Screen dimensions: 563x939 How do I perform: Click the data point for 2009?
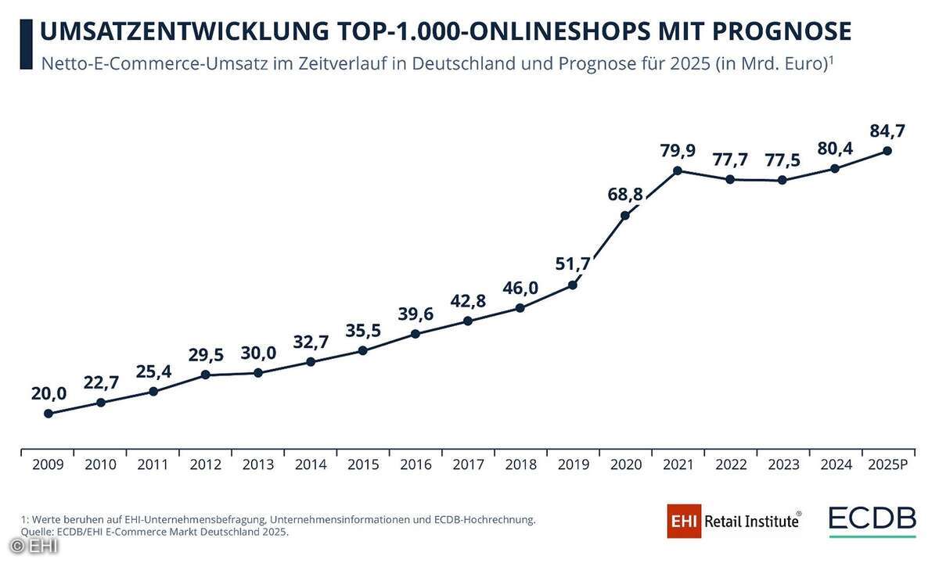(49, 413)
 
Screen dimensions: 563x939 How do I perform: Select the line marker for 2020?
(625, 216)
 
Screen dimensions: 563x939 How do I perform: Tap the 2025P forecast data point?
(887, 150)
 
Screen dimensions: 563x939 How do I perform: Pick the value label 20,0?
(49, 393)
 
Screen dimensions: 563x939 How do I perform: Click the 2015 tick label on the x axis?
(363, 464)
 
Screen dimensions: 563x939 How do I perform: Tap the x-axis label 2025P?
(887, 464)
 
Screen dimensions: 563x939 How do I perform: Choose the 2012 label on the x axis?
(206, 464)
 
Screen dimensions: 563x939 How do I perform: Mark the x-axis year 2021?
(678, 464)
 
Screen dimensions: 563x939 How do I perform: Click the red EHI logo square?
(685, 521)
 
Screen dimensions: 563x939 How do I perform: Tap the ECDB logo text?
(872, 518)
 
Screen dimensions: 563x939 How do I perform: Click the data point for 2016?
(416, 334)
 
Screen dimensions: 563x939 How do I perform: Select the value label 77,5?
(783, 160)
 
